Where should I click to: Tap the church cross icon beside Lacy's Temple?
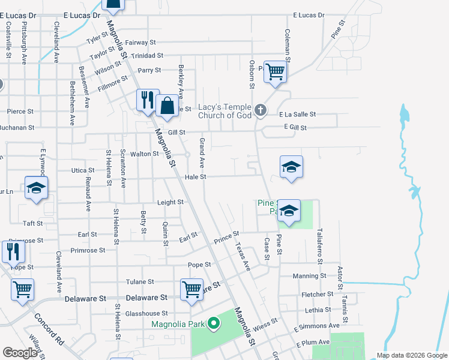tap(260, 110)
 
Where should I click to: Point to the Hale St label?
tap(196, 177)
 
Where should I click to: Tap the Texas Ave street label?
tap(243, 256)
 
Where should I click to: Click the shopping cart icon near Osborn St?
tap(275, 72)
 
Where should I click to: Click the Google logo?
tap(20, 353)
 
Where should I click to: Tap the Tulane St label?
tap(140, 282)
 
